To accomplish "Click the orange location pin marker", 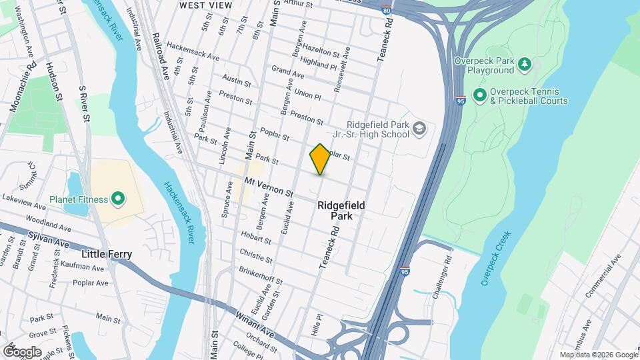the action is (320, 159).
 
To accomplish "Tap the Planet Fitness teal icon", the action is (118, 199).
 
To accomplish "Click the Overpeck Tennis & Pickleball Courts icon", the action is (479, 96).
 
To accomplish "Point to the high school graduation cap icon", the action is (419, 129).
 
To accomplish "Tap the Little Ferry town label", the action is (107, 254).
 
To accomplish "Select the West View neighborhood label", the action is (206, 5).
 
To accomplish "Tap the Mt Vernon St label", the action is (269, 186).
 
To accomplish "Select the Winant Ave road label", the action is (255, 321).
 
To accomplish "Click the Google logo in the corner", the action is (22, 351).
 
